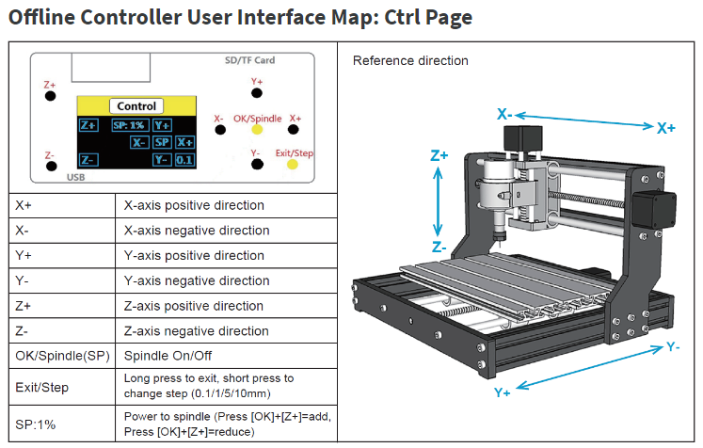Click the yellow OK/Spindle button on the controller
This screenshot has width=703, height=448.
(256, 132)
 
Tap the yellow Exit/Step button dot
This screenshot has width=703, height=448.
(292, 165)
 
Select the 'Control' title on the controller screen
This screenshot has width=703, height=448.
(137, 106)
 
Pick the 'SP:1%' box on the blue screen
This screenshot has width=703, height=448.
(128, 124)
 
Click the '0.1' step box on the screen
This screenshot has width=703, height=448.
(184, 160)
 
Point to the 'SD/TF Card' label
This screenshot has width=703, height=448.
(250, 60)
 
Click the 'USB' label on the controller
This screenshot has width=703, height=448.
(77, 176)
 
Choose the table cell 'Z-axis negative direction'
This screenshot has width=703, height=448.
(197, 331)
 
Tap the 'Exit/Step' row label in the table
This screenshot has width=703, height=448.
(41, 387)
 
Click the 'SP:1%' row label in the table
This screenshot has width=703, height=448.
(36, 424)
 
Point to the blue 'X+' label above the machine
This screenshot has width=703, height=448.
(665, 128)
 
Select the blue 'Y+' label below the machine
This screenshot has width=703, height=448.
(503, 392)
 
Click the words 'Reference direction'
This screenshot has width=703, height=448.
(410, 61)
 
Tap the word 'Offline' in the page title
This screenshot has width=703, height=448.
(43, 18)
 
